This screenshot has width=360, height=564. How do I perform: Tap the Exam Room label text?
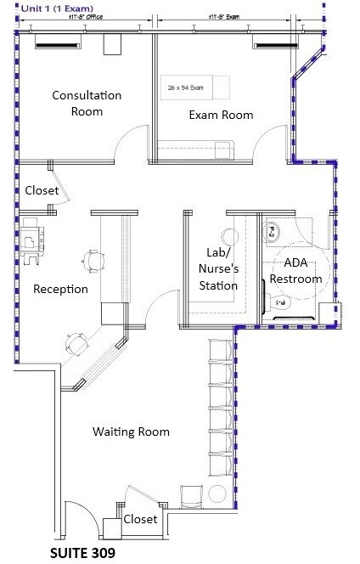220,115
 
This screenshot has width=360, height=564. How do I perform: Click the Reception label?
60,289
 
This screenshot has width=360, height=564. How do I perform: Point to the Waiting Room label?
131,431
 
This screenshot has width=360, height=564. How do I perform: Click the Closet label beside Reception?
41,191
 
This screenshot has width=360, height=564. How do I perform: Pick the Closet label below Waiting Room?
140,519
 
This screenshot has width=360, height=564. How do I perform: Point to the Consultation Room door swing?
130,144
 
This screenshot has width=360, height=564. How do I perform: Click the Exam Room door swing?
274,143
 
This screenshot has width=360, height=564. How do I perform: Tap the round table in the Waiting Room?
216,495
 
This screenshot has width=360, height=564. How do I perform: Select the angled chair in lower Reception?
77,342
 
